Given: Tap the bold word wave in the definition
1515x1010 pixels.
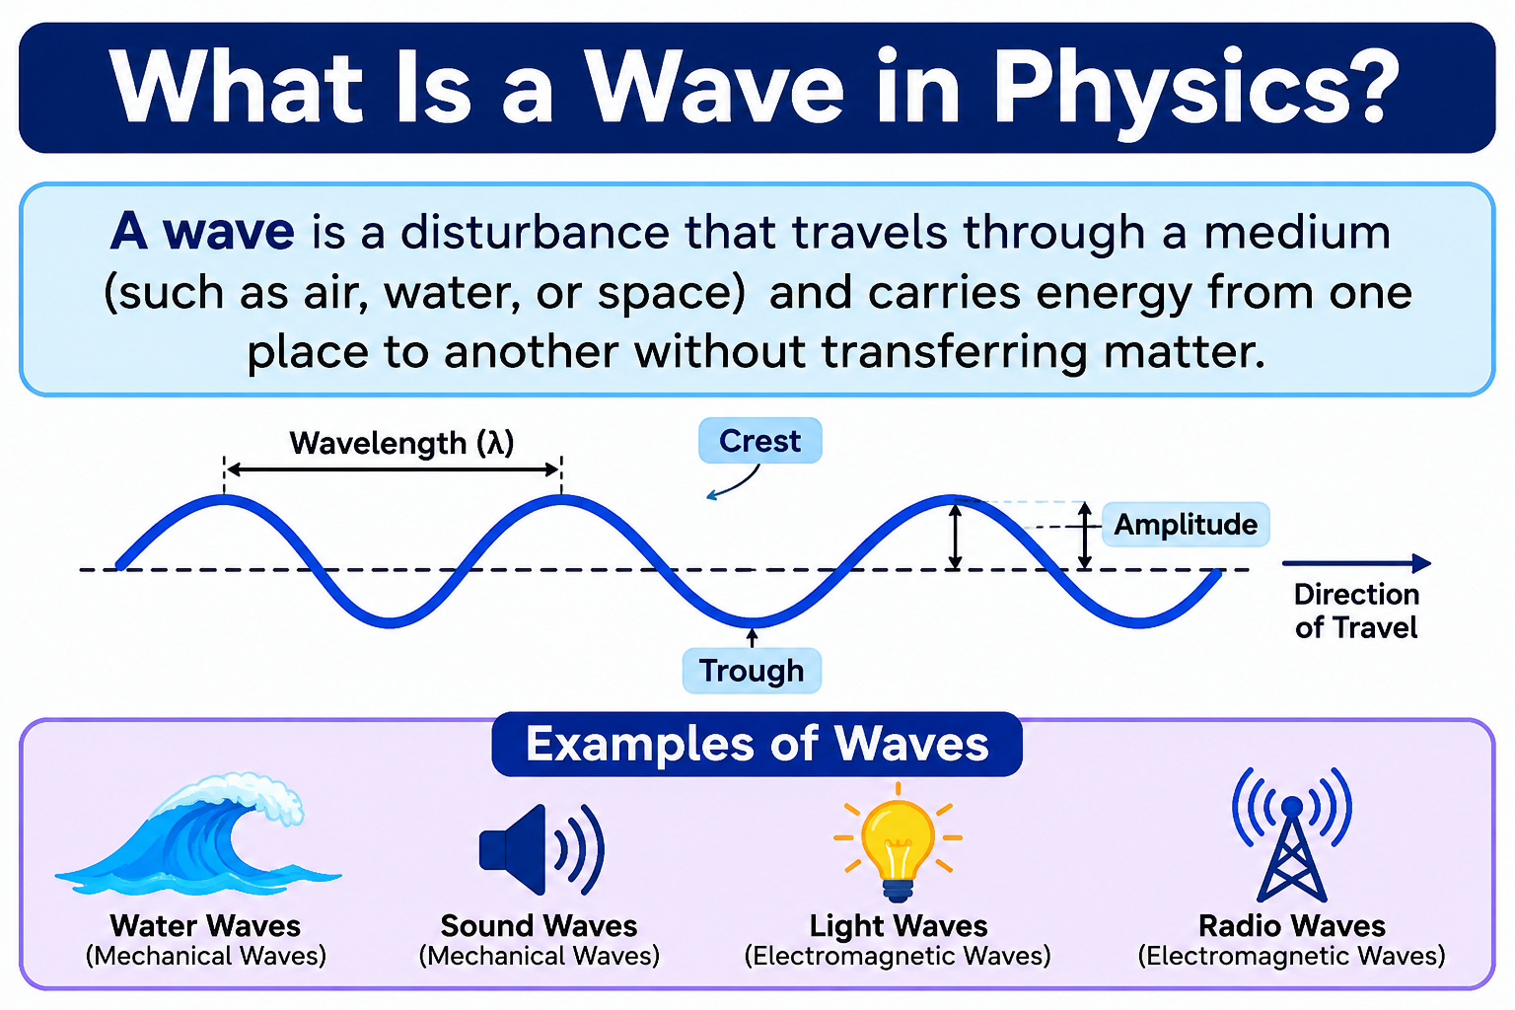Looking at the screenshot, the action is click(229, 232).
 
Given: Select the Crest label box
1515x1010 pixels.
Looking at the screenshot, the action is click(760, 441).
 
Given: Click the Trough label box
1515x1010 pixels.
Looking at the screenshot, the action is click(752, 671).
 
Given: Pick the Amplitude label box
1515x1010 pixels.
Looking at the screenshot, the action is click(1186, 525).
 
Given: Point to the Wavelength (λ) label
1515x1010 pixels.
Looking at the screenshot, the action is click(401, 443).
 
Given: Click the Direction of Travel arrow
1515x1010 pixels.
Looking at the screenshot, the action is click(1357, 563).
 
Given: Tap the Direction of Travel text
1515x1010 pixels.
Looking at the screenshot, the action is click(1356, 611).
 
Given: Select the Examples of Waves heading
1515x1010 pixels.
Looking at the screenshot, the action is click(757, 744).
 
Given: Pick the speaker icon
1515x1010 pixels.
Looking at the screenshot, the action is click(541, 849).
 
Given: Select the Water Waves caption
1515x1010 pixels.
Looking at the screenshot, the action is click(205, 926).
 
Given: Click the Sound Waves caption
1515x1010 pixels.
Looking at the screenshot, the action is click(540, 926).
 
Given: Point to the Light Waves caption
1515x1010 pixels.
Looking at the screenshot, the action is click(899, 926).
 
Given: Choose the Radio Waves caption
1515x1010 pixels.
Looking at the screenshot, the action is click(1292, 926).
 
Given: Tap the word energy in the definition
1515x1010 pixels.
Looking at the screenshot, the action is click(1114, 294).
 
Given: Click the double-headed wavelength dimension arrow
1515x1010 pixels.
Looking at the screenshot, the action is click(393, 469).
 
